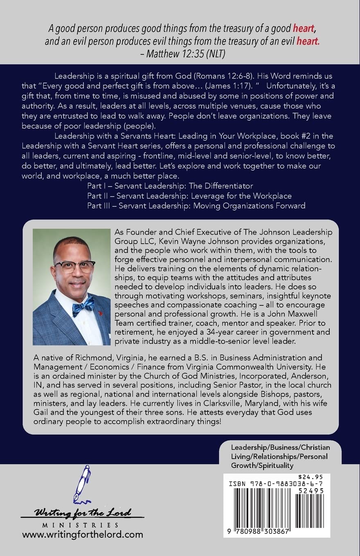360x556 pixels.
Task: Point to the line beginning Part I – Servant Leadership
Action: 170,186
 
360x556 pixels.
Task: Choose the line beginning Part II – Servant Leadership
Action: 189,195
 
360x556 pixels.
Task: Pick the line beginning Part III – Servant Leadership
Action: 196,205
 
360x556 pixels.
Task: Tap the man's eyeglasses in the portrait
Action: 75,266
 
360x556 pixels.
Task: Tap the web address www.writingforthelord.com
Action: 83,534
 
